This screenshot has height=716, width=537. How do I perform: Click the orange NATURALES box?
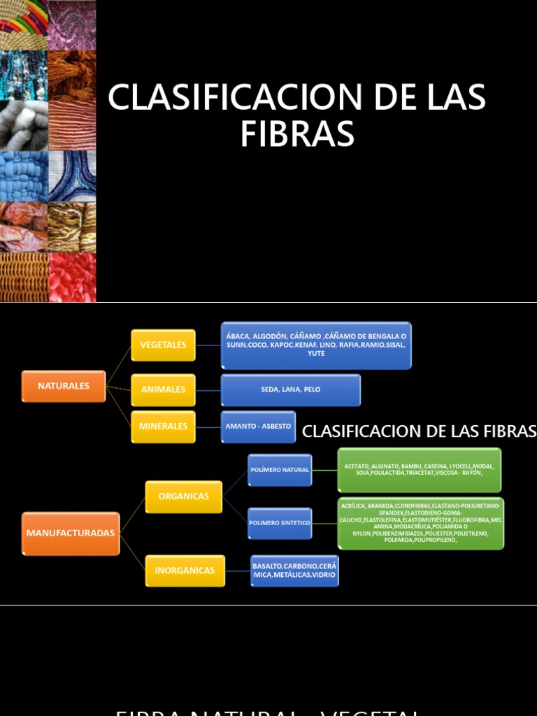pyautogui.click(x=64, y=386)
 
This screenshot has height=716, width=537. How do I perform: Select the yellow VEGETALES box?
pyautogui.click(x=163, y=345)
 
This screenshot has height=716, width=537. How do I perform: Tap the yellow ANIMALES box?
pyautogui.click(x=163, y=389)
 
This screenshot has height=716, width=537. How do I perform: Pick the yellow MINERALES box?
pyautogui.click(x=163, y=427)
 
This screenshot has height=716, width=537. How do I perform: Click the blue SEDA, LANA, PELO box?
pyautogui.click(x=290, y=390)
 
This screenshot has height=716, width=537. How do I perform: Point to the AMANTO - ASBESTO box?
pyautogui.click(x=258, y=427)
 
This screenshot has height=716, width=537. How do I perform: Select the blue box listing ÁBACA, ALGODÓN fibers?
pyautogui.click(x=316, y=345)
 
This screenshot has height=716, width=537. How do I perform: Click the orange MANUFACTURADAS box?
pyautogui.click(x=71, y=533)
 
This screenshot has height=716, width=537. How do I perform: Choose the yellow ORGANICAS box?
pyautogui.click(x=183, y=496)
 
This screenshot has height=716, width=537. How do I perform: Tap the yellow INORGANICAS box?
pyautogui.click(x=185, y=571)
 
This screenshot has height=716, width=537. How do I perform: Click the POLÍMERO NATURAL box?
pyautogui.click(x=280, y=470)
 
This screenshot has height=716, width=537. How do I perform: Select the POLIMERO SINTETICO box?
pyautogui.click(x=280, y=523)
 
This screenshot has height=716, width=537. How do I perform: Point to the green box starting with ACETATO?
pyautogui.click(x=420, y=470)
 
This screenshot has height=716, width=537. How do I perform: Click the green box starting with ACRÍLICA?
pyautogui.click(x=420, y=523)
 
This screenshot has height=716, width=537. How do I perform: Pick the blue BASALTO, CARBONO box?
pyautogui.click(x=294, y=571)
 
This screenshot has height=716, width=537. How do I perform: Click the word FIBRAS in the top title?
pyautogui.click(x=297, y=134)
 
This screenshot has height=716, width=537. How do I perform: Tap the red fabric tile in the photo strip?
pyautogui.click(x=72, y=277)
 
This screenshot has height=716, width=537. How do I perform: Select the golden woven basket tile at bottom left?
pyautogui.click(x=24, y=277)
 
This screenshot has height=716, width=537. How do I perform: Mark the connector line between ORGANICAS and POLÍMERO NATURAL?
pyautogui.click(x=235, y=483)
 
